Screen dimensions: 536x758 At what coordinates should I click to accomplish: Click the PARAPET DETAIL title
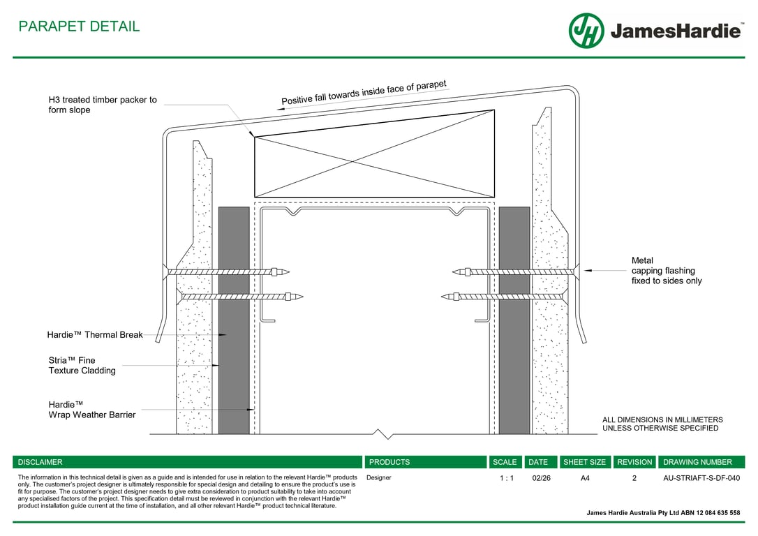[x=79, y=27]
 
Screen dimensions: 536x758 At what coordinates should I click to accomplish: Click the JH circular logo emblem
[x=586, y=31]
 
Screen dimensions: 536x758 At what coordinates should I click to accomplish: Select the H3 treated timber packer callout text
[x=103, y=105]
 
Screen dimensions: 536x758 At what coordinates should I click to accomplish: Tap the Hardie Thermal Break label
[x=95, y=335]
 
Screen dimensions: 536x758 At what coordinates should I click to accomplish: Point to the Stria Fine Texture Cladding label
[x=82, y=366]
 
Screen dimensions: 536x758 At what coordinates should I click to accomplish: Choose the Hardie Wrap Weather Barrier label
[x=91, y=410]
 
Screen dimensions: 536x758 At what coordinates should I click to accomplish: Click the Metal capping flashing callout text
[x=666, y=271]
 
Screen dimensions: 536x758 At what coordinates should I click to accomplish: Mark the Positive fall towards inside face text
[x=363, y=94]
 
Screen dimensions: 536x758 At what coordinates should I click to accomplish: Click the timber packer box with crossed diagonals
[x=374, y=154]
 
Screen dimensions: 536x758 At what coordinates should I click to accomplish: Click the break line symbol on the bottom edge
[x=382, y=435]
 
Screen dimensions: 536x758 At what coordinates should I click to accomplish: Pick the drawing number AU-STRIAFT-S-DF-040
[x=701, y=478]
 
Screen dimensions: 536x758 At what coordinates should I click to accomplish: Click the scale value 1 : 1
[x=506, y=478]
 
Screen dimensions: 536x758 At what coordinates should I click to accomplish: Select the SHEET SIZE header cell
[x=584, y=462]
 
